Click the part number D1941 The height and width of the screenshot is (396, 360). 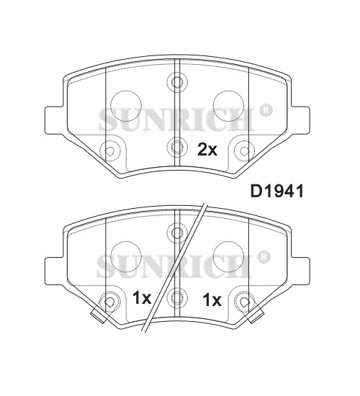(276, 192)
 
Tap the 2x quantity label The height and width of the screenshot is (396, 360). (207, 149)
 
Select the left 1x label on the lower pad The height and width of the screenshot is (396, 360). (142, 298)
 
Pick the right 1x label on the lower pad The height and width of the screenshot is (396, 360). (212, 300)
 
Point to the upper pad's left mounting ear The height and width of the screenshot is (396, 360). (54, 120)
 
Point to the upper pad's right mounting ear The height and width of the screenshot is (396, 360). (300, 120)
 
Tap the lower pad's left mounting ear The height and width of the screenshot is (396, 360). (54, 271)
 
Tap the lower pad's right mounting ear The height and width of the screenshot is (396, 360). (300, 271)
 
